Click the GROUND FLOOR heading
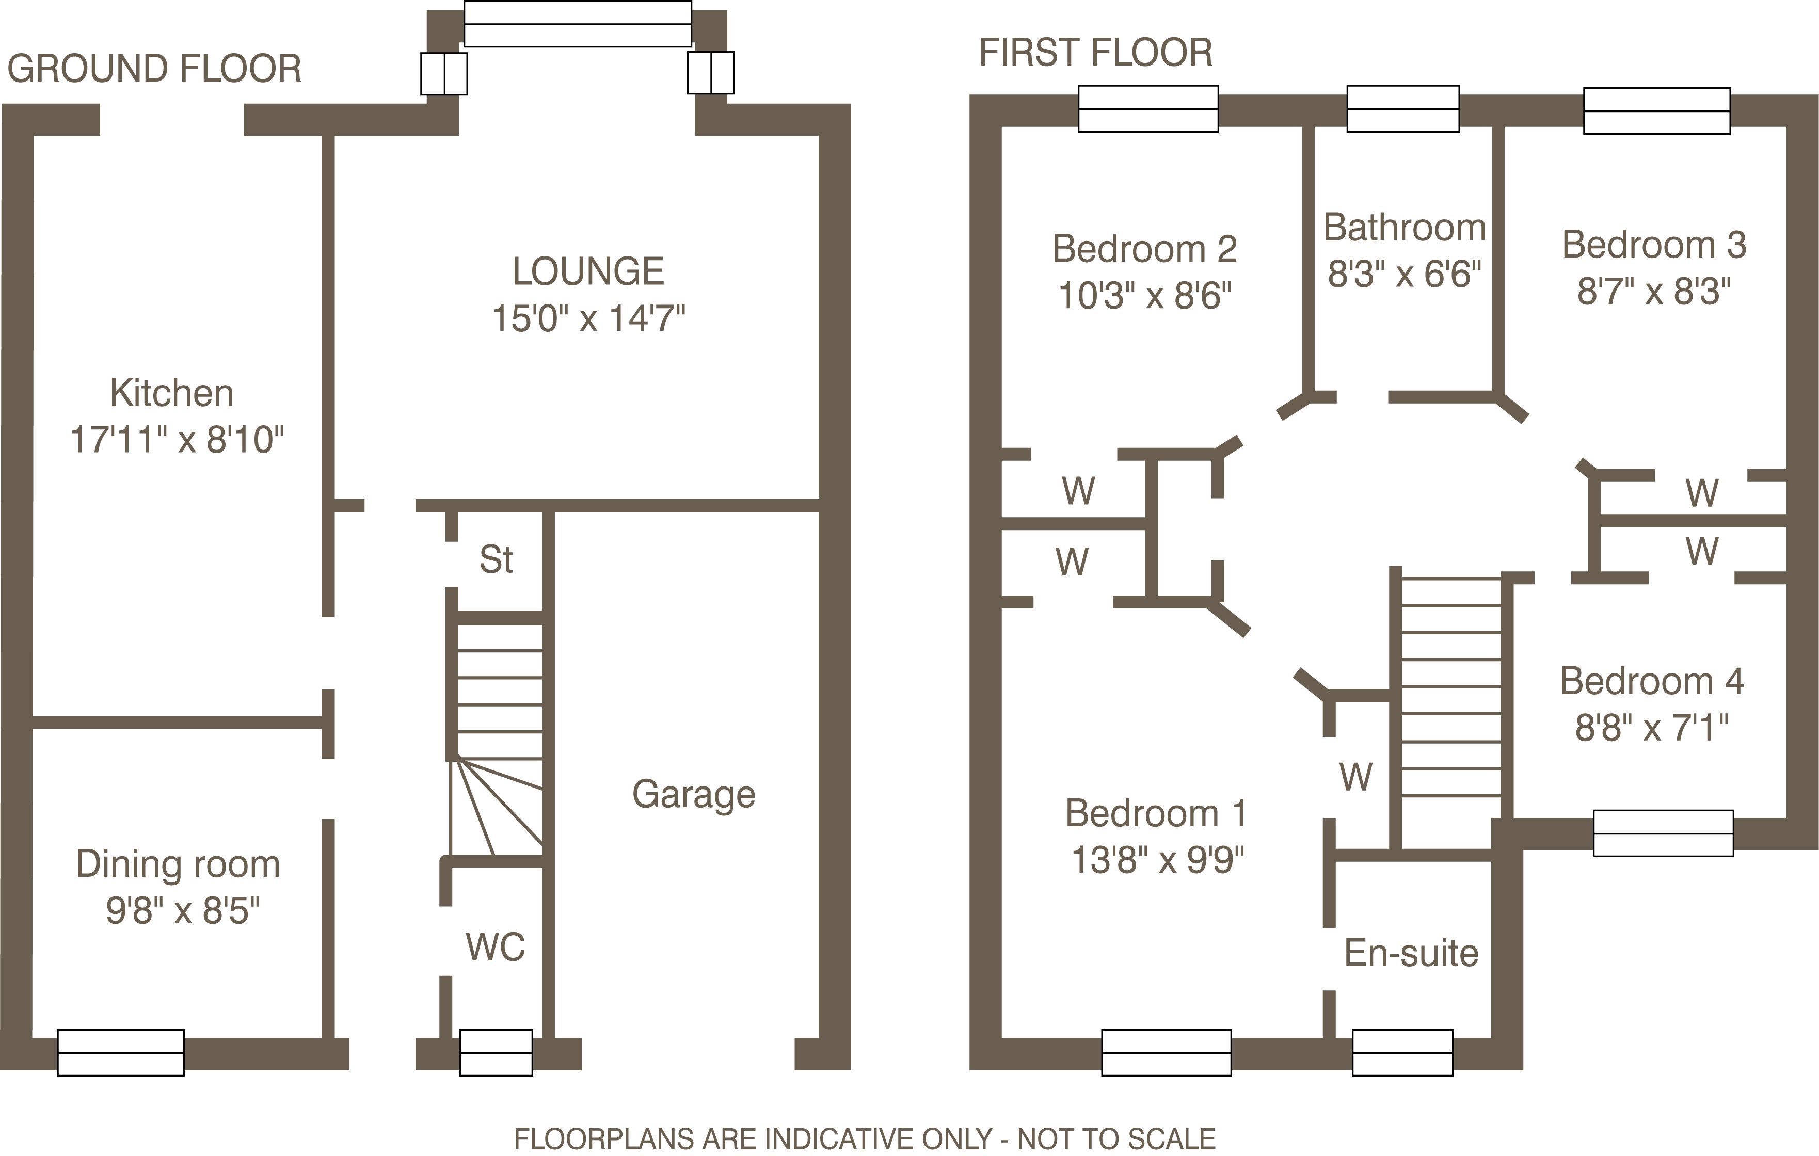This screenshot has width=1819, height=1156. coord(154,69)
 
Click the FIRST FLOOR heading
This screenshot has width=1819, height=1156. coord(1095,53)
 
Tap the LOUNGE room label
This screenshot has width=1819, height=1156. coord(588,271)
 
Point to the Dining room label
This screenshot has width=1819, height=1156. coord(178,864)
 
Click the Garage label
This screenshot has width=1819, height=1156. coord(693,794)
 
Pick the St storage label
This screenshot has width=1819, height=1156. coord(496,559)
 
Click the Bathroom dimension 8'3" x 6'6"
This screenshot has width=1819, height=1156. coord(1405,274)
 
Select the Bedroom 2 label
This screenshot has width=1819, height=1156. coord(1144,249)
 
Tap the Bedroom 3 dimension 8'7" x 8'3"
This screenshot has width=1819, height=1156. coord(1654,291)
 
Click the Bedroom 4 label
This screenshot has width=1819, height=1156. coord(1652,681)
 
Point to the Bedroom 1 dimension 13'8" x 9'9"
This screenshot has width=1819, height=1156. coord(1157,859)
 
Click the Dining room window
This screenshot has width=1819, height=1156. coord(121,1053)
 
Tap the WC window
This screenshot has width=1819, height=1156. coord(496,1053)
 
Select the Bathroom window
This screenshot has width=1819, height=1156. coord(1403,109)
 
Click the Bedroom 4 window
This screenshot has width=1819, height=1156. coord(1663,833)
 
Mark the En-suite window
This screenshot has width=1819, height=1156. coord(1402,1053)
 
